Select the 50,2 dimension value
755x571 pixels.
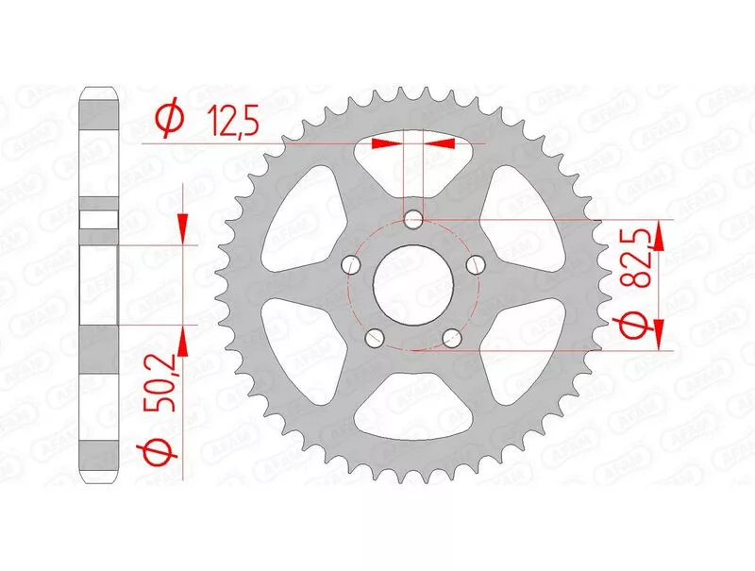point(159,382)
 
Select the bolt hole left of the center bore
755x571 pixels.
point(351,265)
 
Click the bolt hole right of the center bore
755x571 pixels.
point(477,264)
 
